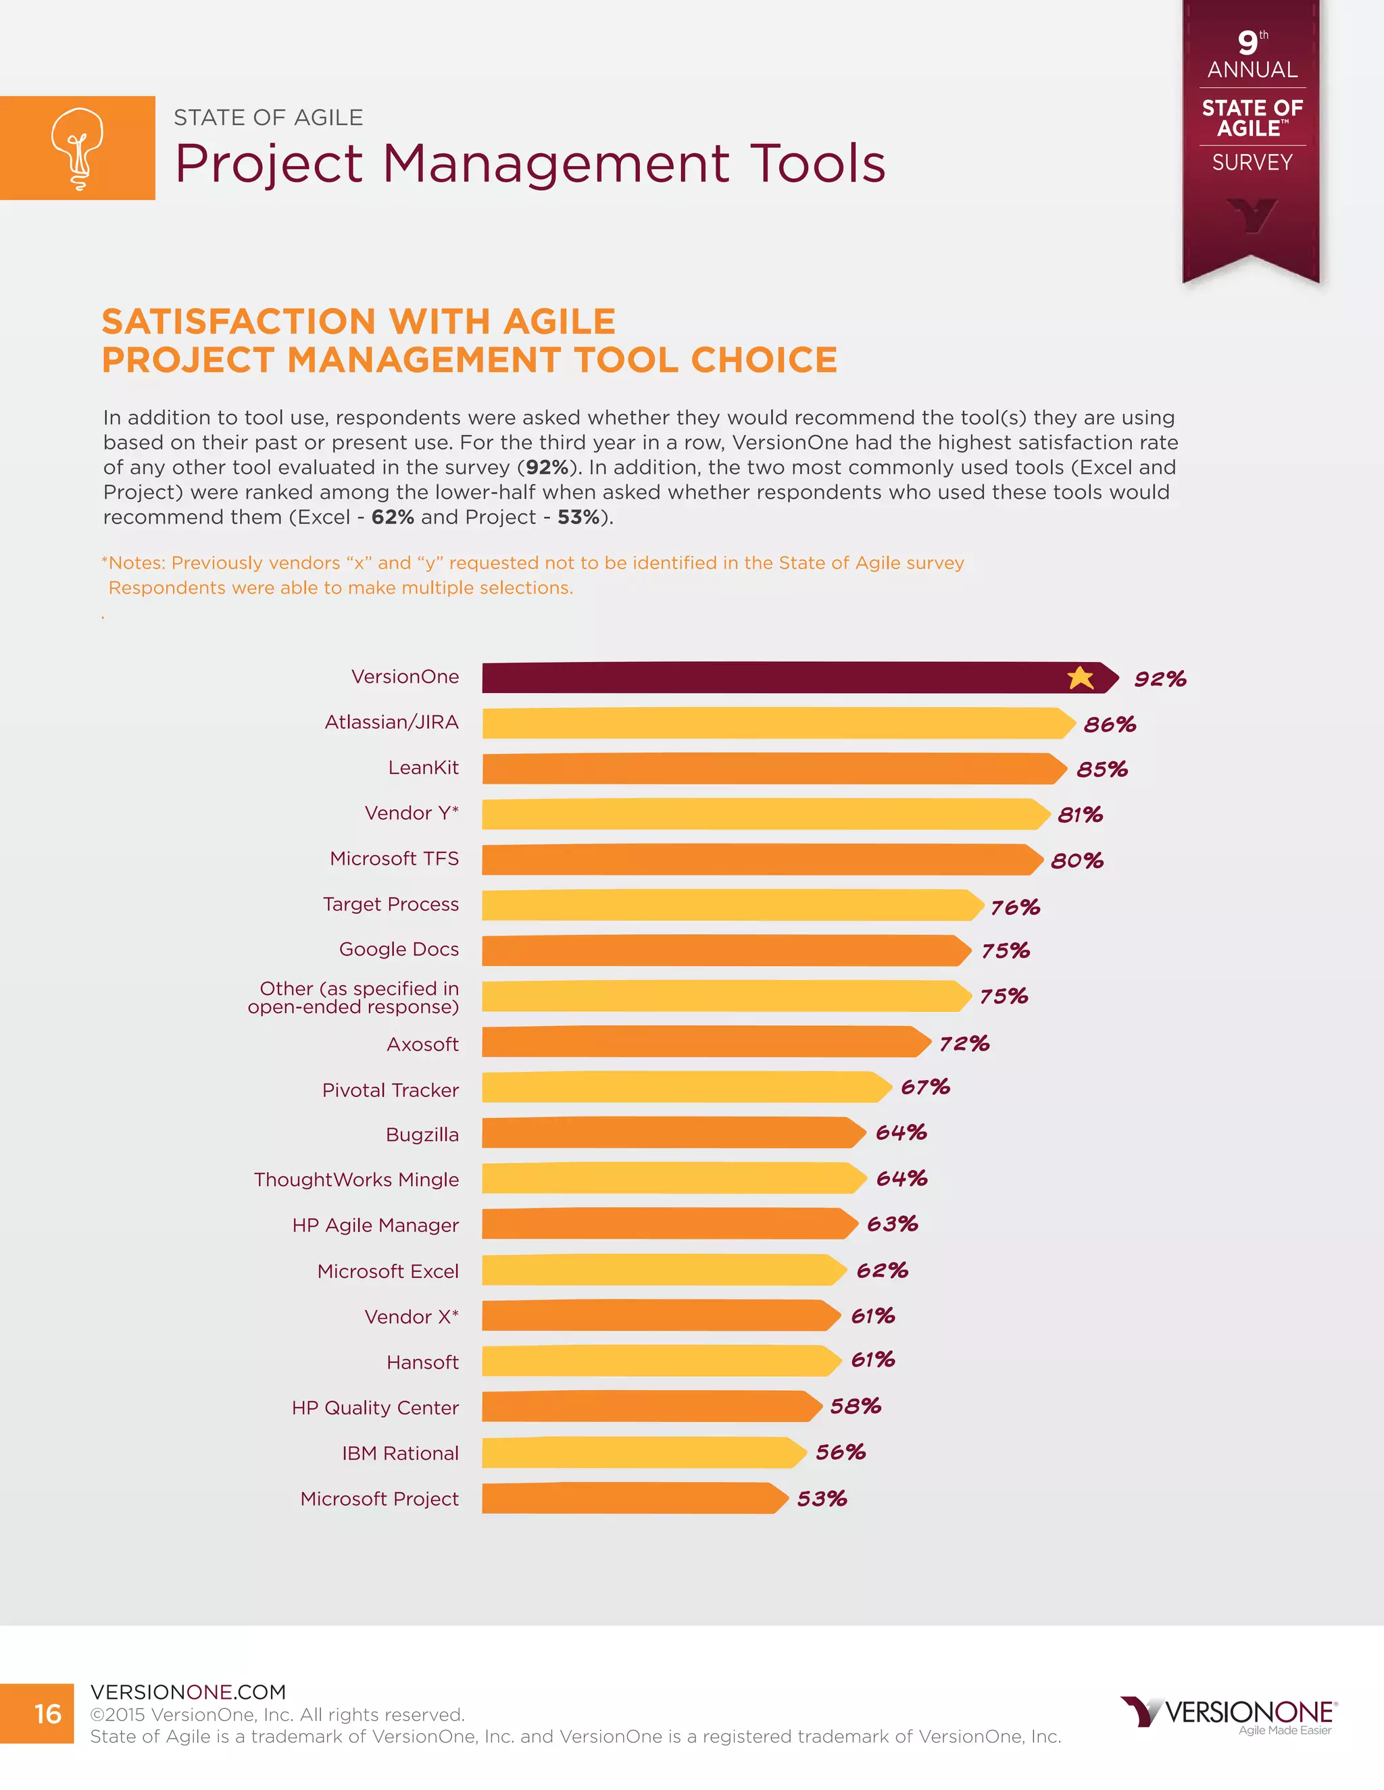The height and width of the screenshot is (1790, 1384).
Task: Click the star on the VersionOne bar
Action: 1081,677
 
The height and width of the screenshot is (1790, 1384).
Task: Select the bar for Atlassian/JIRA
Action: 777,723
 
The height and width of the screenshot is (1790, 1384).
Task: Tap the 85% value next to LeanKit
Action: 1102,769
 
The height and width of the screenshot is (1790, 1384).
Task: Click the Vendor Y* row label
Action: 412,813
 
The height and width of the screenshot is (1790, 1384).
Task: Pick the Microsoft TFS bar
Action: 761,860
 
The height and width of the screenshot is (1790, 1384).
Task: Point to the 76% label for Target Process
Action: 1015,907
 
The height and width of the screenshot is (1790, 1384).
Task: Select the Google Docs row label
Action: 399,949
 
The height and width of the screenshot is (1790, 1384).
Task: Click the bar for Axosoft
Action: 705,1042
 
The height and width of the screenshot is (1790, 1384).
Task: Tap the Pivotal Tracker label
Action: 391,1090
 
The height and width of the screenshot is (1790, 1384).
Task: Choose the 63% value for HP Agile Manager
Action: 892,1224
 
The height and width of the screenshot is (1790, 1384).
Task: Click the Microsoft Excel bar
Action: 662,1270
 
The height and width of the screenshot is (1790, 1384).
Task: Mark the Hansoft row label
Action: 422,1362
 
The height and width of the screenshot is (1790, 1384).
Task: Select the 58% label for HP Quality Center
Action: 855,1406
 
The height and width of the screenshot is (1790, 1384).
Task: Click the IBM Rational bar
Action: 643,1452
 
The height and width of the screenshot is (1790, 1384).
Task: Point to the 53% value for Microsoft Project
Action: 822,1499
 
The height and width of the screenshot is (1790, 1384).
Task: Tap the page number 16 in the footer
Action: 47,1714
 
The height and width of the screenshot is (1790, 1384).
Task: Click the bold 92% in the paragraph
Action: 547,467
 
